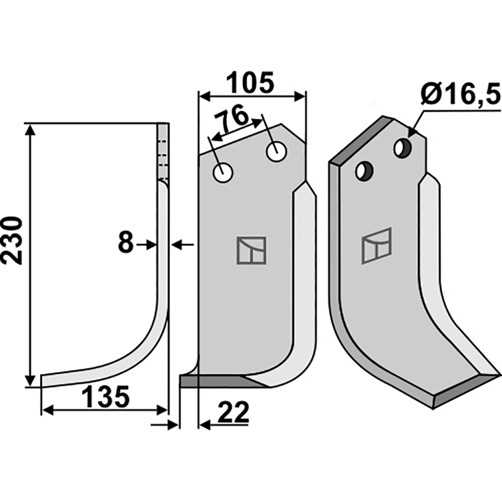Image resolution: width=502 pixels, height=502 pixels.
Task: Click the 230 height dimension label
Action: click(14, 241)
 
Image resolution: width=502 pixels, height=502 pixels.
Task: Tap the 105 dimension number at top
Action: click(250, 82)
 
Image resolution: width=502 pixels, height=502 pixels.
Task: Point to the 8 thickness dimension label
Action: click(125, 243)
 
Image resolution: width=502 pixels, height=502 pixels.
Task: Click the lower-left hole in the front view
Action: click(222, 172)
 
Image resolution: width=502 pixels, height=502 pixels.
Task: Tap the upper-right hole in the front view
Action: click(275, 151)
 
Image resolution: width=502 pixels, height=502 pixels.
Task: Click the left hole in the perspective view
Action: click(363, 170)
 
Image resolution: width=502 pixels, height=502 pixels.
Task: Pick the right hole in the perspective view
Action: click(402, 148)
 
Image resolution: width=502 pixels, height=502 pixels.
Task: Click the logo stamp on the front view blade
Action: click(251, 250)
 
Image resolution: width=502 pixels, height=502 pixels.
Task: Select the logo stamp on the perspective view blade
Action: click(377, 245)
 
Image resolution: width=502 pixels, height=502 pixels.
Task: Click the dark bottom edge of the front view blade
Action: click(213, 381)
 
